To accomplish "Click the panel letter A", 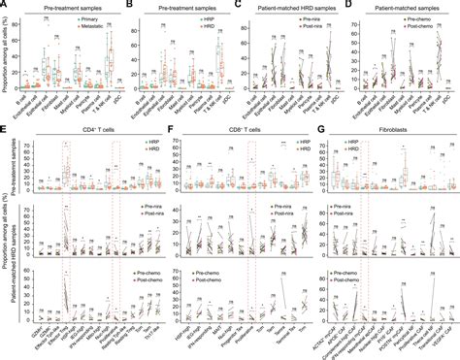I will pos(5,5).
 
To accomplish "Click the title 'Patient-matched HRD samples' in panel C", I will pos(287,6).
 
